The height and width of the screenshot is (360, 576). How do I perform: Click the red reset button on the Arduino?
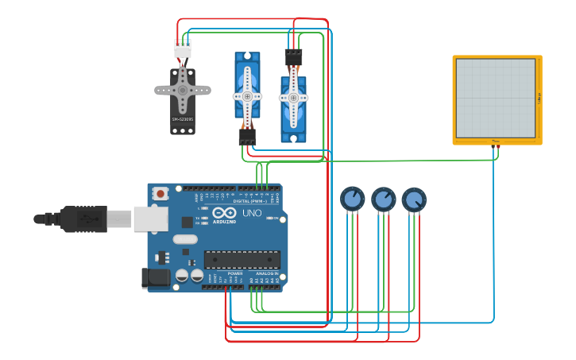point(161,193)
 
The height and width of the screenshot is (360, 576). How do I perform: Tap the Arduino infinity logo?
point(224,213)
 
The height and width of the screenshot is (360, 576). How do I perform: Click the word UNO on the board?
point(252,213)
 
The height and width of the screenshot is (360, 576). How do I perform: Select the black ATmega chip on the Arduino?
point(242,260)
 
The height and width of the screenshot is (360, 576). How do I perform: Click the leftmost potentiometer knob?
point(352,199)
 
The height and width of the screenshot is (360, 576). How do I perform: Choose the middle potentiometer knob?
point(383,199)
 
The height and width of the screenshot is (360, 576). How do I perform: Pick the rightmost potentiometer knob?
point(413,199)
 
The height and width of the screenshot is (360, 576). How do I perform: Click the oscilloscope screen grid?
point(495,97)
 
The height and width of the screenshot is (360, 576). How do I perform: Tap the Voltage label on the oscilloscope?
point(539,98)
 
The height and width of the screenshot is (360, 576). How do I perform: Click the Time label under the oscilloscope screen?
point(496,141)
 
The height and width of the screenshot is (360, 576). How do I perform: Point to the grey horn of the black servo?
point(183,89)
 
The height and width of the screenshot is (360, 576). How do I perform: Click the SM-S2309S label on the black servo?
point(182,120)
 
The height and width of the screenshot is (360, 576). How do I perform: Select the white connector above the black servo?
point(183,48)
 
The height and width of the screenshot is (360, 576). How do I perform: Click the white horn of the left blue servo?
point(247,95)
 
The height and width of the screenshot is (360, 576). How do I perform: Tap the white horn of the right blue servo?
point(293,98)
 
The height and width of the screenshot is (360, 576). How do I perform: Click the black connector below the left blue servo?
point(247,137)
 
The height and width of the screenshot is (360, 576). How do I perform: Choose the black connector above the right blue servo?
point(293,57)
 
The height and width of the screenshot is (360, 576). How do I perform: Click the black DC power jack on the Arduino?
point(156,277)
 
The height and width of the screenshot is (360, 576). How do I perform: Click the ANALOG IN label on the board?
point(266,273)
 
